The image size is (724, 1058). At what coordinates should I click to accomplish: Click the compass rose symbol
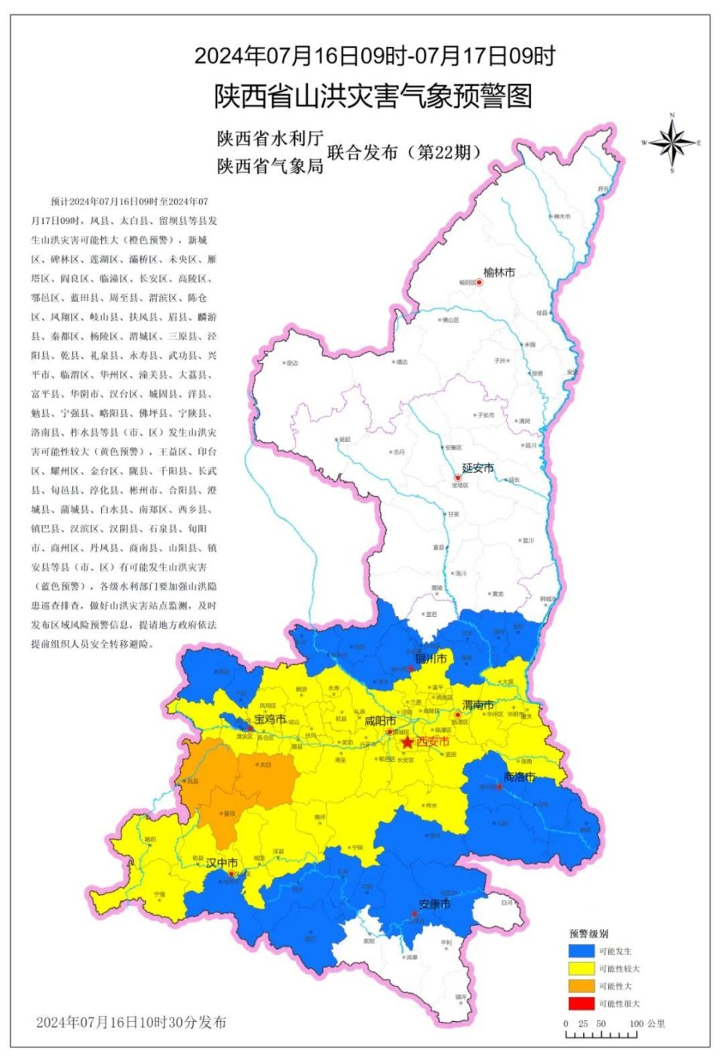pos(672,143)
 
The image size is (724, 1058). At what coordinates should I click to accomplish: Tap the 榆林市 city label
pos(499,272)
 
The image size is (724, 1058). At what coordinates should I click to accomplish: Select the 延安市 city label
pos(478,468)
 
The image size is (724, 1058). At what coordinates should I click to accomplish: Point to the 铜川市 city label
pos(431,658)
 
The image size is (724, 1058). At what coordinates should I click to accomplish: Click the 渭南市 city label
pos(478,705)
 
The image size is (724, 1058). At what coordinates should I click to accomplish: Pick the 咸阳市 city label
pos(380,721)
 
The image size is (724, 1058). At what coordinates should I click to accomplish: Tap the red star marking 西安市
pos(408,743)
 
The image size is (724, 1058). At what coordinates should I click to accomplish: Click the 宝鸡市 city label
pos(270,719)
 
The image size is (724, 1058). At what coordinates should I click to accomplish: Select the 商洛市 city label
pos(519,777)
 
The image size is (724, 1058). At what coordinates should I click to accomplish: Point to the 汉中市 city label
pos(222,863)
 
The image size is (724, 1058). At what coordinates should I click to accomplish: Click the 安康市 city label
pos(434,903)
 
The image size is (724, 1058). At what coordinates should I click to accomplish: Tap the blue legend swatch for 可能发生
pos(581,952)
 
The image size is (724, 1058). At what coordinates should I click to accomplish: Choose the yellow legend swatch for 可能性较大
pos(581,969)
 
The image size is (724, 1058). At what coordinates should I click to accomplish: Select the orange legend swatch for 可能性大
pos(581,986)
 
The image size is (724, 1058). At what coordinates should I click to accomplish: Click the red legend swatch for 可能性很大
pos(581,1004)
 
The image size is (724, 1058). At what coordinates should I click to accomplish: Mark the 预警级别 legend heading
pos(588,934)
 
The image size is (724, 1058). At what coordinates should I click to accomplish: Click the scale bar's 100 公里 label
pos(647,1023)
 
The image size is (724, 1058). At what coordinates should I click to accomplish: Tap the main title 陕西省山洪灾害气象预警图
pos(373,96)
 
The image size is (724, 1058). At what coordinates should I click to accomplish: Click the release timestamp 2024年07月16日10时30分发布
pos(131,1023)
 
